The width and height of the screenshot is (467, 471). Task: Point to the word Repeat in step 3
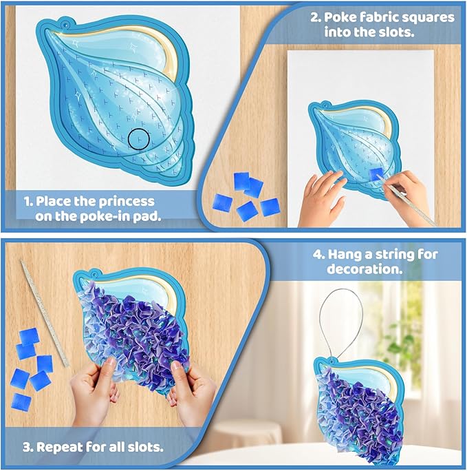[x=58, y=448]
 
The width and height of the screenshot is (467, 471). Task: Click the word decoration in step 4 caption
[x=365, y=269]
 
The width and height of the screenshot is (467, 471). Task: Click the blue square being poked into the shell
[x=376, y=174]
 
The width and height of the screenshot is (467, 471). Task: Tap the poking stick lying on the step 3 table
[x=45, y=313]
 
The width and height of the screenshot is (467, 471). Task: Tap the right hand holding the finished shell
[x=192, y=393]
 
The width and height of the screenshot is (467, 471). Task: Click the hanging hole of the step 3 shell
[x=94, y=275]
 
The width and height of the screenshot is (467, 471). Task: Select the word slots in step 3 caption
[x=145, y=448]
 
